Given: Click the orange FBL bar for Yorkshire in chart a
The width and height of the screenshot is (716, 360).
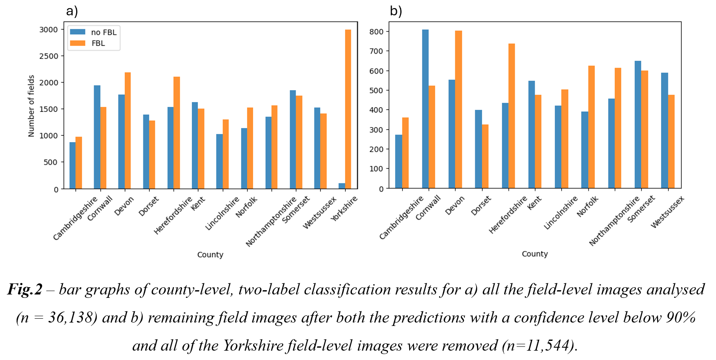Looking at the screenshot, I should click(x=348, y=109).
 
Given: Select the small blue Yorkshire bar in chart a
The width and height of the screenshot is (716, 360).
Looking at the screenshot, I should click(x=342, y=186).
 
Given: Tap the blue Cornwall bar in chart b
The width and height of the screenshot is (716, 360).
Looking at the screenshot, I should click(x=425, y=109).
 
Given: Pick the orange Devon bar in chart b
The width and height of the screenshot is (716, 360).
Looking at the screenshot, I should click(x=458, y=109).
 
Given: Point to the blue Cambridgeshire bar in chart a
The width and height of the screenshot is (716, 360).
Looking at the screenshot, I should click(x=73, y=166).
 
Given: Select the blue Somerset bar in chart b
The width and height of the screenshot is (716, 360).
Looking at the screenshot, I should click(x=638, y=125).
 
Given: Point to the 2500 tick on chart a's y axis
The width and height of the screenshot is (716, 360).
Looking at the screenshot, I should click(x=48, y=56).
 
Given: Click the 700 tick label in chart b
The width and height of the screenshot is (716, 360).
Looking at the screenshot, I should click(x=376, y=51).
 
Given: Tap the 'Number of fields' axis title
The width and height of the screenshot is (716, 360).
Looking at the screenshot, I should click(x=31, y=106).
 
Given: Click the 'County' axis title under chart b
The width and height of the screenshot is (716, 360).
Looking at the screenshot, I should click(x=535, y=254).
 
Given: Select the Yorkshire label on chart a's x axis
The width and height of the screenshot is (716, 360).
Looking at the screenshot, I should click(x=344, y=209).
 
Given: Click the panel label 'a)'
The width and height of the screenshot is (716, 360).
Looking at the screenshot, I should click(x=72, y=11).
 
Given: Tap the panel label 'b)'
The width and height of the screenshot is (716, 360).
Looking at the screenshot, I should click(x=396, y=11).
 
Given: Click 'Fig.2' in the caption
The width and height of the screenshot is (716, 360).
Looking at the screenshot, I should click(x=25, y=289).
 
